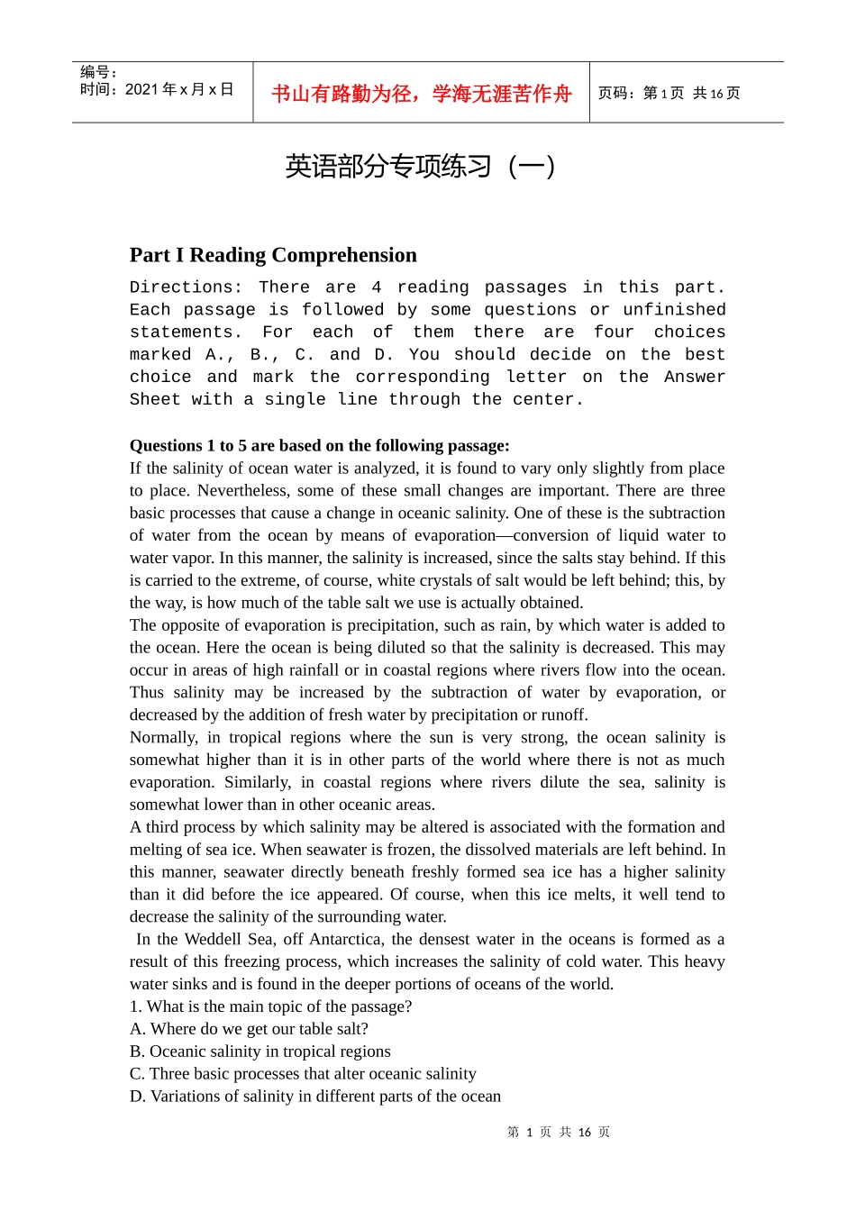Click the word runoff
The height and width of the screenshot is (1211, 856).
coord(564,715)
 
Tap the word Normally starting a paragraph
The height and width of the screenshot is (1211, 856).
coord(163,737)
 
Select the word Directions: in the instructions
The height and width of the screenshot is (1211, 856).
coord(186,287)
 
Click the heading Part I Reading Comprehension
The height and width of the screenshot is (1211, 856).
coord(273,255)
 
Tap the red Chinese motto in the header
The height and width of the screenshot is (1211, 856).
coord(421,94)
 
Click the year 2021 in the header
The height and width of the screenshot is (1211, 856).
coord(141,89)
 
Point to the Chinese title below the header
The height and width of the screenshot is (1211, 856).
coord(420,167)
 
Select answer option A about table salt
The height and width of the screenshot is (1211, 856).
coord(249,1029)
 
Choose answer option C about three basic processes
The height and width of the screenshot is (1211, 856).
coord(303,1074)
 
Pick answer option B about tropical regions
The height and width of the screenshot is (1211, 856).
coord(260,1052)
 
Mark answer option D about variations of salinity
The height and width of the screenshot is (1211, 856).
coord(315,1097)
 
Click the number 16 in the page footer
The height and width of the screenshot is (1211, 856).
coord(585,1133)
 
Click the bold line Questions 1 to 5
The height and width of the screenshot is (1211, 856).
coord(319,445)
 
